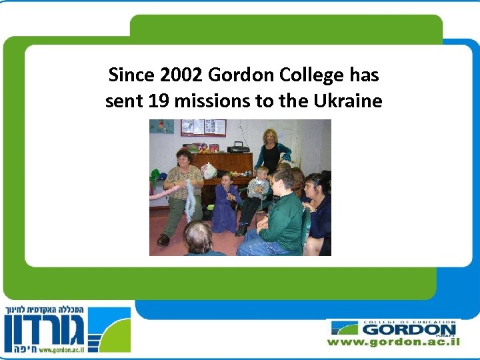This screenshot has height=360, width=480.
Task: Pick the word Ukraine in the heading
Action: (346, 101)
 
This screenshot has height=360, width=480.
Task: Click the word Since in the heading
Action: (129, 75)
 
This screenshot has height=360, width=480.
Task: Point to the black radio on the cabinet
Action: (238, 147)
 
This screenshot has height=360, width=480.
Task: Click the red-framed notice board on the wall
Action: (203, 127)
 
